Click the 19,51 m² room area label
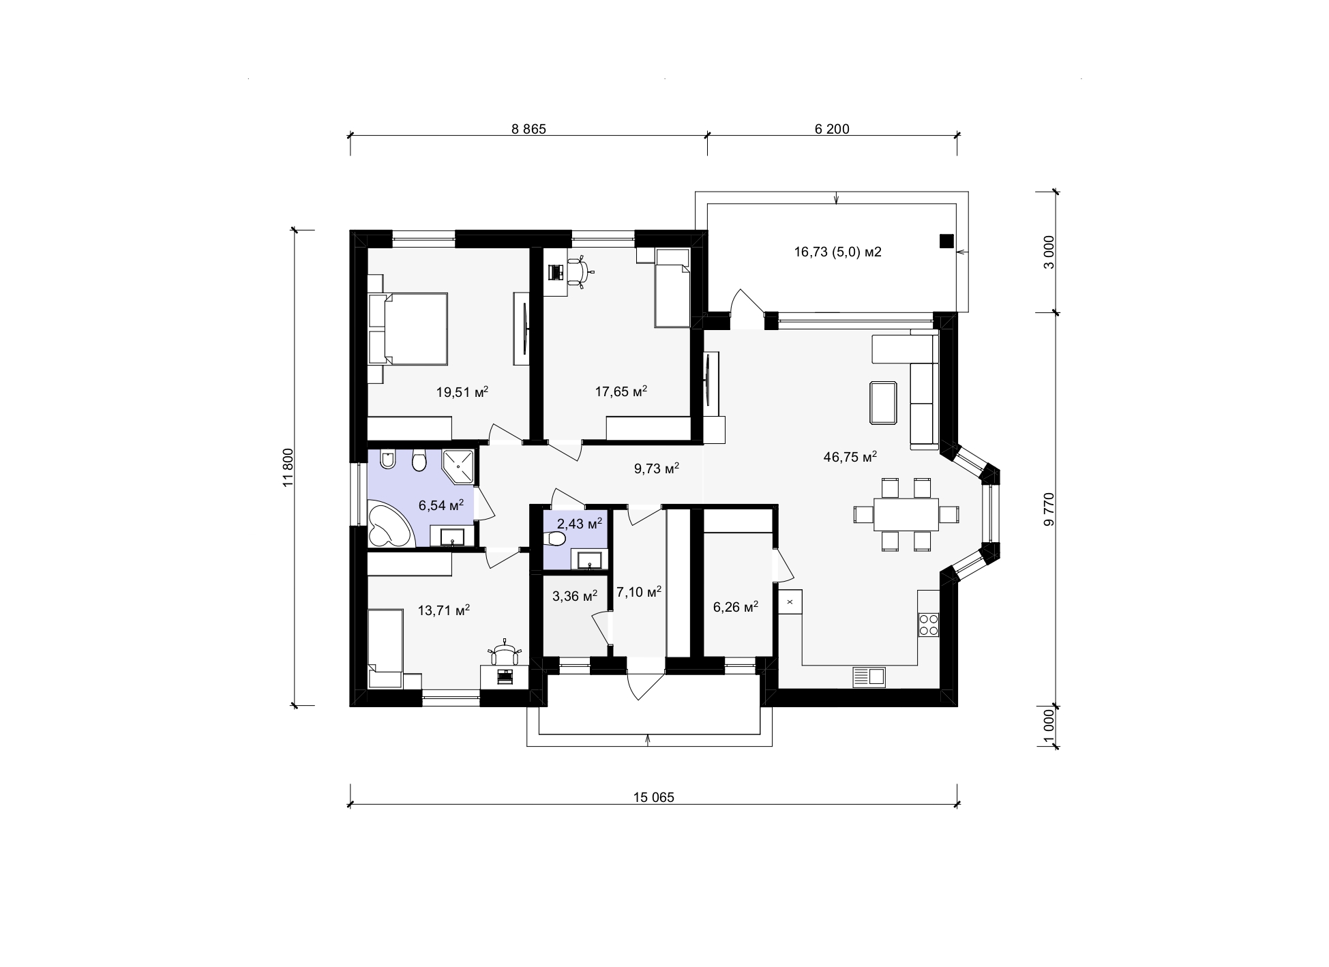462,392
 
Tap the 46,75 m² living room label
850,457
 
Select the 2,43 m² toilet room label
579,524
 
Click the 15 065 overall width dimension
653,797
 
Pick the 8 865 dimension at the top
528,129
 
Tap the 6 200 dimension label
832,129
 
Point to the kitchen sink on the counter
869,676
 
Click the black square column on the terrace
946,241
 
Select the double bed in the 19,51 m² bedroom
408,329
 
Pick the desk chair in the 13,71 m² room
505,653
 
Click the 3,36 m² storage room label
575,596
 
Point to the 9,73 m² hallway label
657,468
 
